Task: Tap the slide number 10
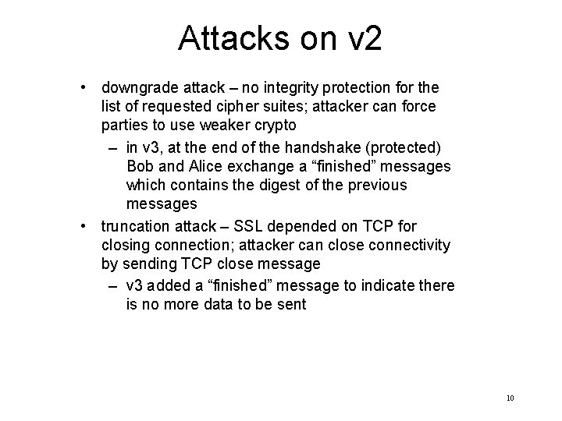(x=510, y=398)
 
